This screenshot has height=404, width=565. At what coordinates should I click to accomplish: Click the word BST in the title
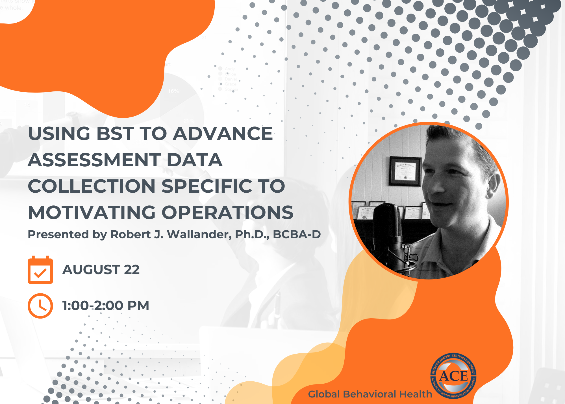coord(115,134)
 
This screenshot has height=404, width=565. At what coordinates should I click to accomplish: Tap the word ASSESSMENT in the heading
coord(94,160)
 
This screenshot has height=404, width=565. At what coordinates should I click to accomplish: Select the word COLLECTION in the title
coord(92,186)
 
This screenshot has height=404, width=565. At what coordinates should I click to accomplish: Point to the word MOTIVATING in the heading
coord(92,212)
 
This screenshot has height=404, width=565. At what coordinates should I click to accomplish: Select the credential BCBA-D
coord(297,234)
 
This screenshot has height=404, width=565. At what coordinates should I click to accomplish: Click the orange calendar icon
coord(40,270)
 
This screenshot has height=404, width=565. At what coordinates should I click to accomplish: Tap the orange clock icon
coord(40,306)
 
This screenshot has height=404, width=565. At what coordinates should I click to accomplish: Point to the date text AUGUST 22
coord(101,270)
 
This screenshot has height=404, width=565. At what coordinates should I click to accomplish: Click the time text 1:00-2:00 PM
coord(105,306)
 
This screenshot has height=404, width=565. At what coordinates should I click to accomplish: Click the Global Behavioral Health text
coord(370,394)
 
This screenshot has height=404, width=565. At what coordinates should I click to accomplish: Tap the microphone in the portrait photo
coord(388,224)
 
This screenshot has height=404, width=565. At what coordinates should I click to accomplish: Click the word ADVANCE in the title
coord(223,134)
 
